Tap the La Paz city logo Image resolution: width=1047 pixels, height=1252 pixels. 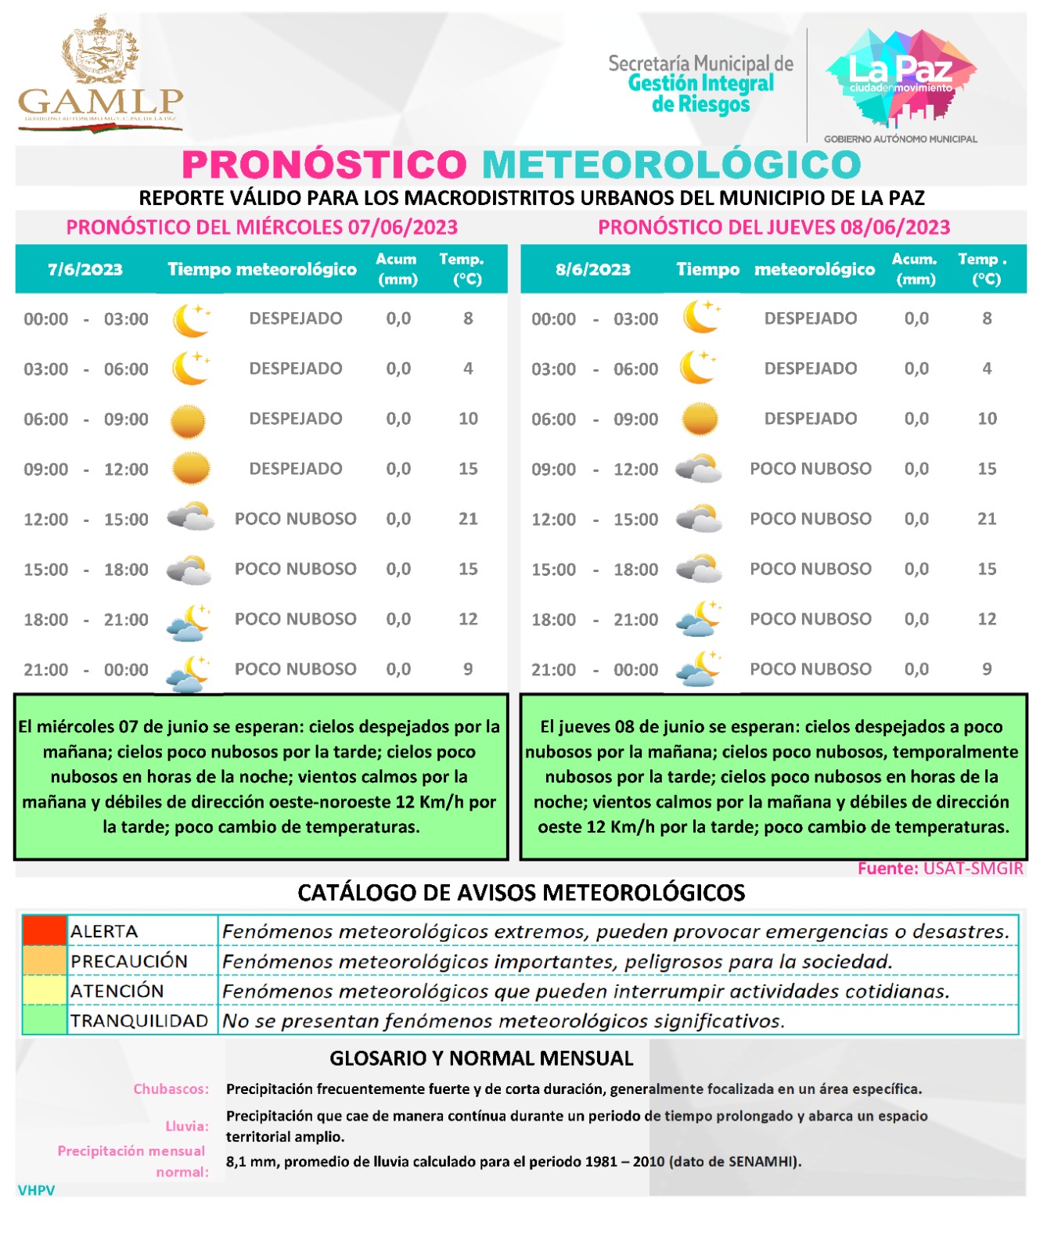[x=901, y=78]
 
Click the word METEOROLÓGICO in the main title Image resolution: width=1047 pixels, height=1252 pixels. [x=671, y=164]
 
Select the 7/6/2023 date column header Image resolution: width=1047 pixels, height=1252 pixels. [x=85, y=269]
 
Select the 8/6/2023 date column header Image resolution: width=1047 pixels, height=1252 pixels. [x=593, y=269]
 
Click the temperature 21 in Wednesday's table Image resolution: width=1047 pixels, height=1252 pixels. [x=468, y=519]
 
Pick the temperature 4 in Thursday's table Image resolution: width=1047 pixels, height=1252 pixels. [x=987, y=369]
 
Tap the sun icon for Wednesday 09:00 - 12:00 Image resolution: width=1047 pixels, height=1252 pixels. [x=190, y=469]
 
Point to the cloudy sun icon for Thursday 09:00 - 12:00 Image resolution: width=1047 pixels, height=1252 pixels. [x=698, y=469]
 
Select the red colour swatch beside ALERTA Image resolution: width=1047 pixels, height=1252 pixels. [x=44, y=930]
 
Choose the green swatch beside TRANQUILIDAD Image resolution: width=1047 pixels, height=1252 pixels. [x=44, y=1020]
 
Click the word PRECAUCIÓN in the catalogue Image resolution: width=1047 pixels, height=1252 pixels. [x=129, y=961]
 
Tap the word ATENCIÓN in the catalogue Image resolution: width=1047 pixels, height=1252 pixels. [x=117, y=991]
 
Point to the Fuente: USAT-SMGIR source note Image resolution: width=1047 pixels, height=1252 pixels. [x=940, y=869]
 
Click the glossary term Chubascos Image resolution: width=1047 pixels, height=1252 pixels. [x=171, y=1088]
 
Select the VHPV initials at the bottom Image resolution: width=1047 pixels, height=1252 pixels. [x=36, y=1190]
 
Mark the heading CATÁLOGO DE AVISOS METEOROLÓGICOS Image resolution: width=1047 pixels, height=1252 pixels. [x=521, y=893]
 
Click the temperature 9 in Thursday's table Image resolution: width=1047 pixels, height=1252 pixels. [x=987, y=669]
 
